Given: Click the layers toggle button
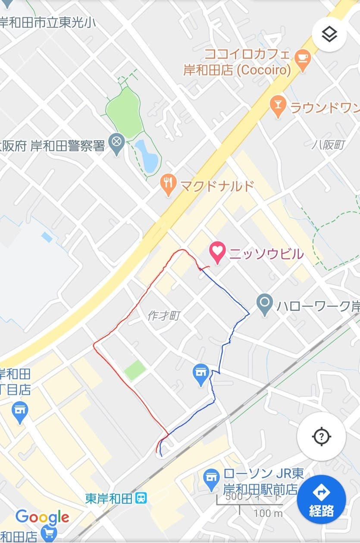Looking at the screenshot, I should click(329, 34).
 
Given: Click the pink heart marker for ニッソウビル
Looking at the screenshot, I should click(217, 253).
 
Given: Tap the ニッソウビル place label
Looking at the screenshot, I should click(266, 254).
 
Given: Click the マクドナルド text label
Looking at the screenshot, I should click(217, 186).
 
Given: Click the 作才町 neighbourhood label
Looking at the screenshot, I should click(163, 316).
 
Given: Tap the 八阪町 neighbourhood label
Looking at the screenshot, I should click(329, 145).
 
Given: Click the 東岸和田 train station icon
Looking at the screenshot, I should click(141, 498).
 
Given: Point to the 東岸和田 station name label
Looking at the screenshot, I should click(108, 499).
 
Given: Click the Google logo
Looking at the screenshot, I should click(42, 517).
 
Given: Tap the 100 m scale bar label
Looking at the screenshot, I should click(268, 513).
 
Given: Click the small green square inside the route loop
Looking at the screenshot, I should click(135, 370).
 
